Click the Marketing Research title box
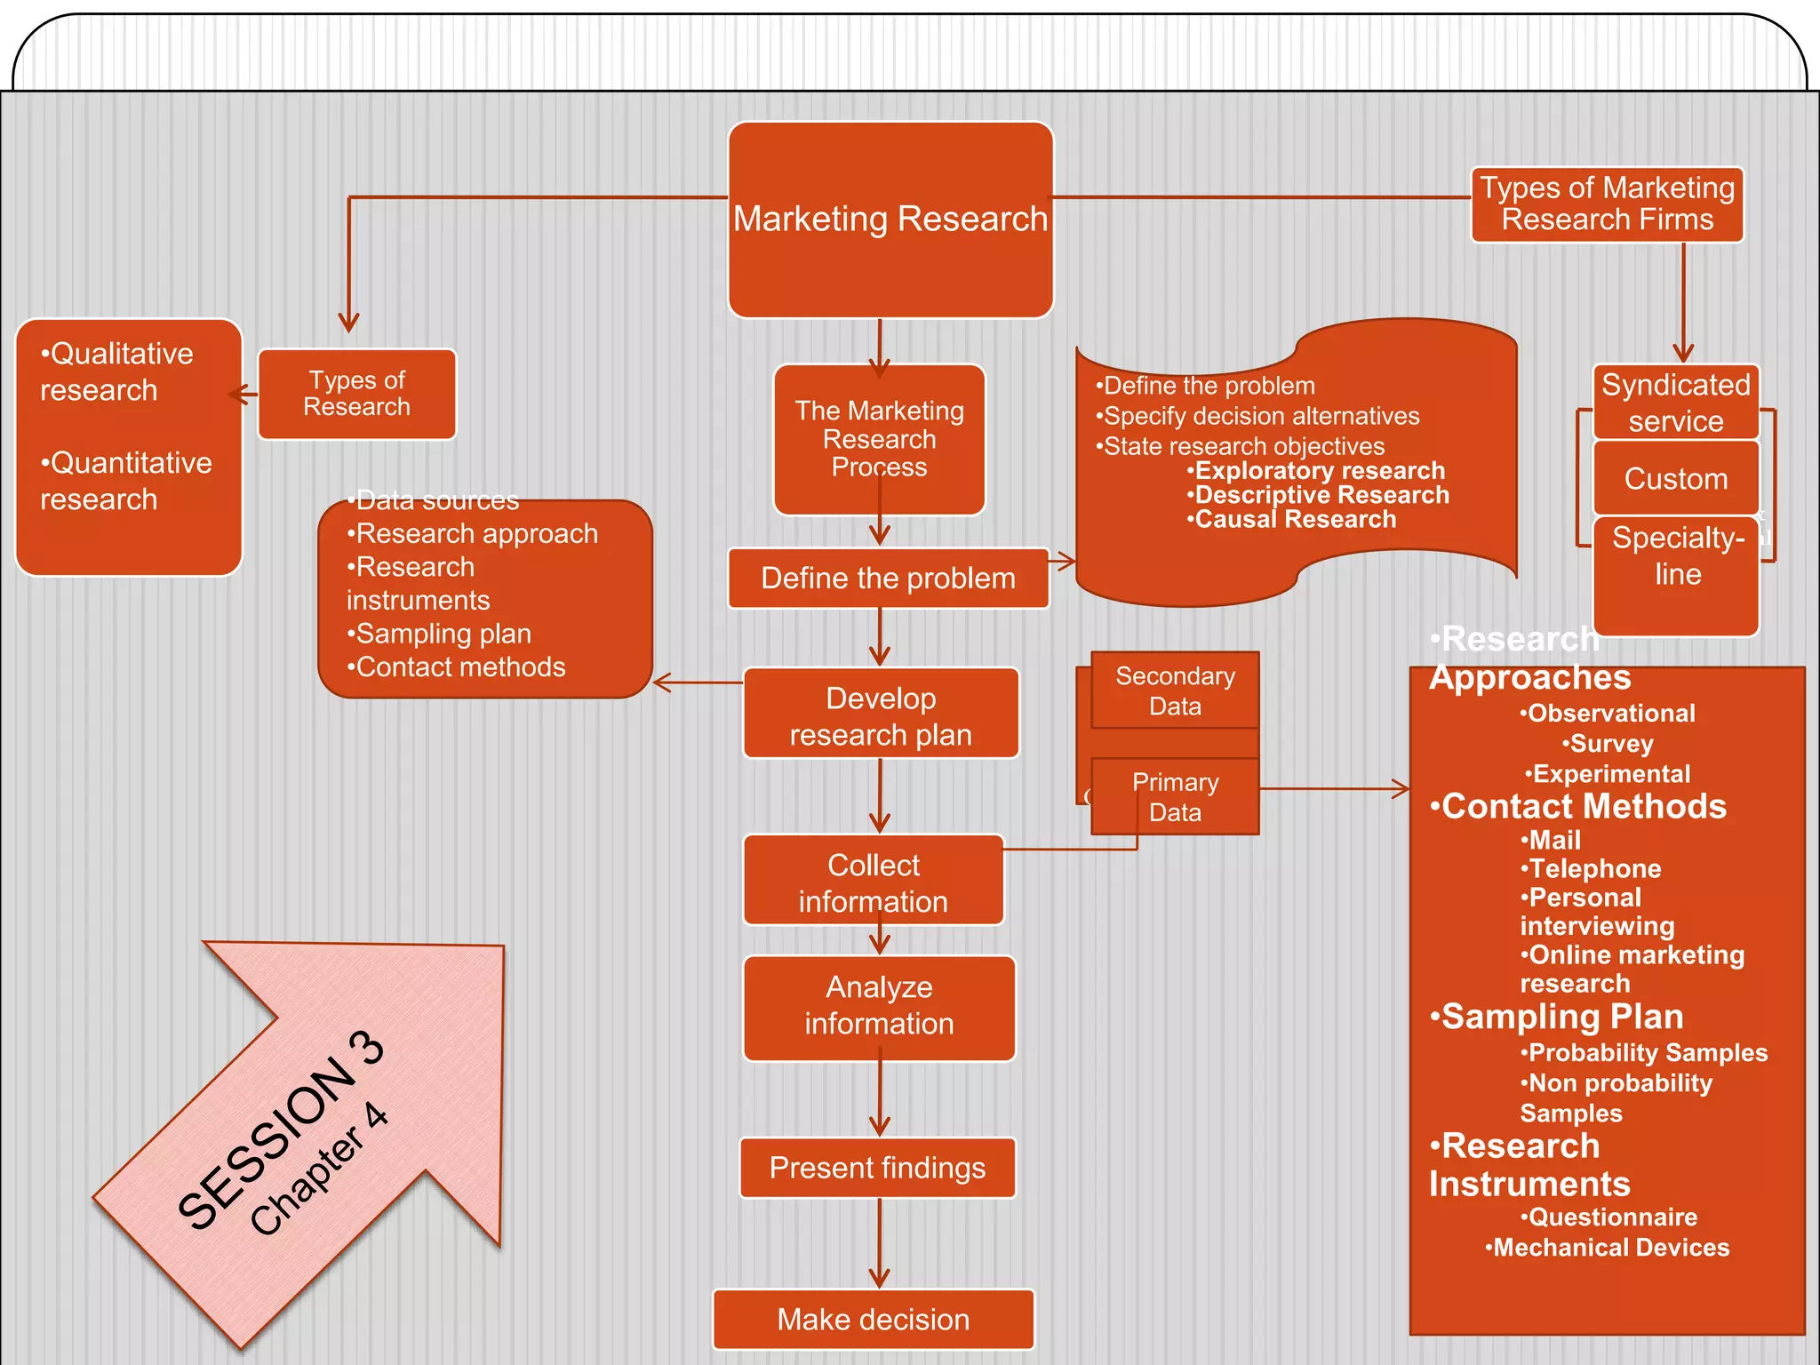pos(890,220)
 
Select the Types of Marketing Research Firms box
pos(1607,204)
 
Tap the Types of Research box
pos(356,394)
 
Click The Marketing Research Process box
pos(879,438)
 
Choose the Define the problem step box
pos(888,579)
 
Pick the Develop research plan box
pos(881,715)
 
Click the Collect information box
pos(874,882)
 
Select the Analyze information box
pos(879,1005)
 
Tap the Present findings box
pos(877,1168)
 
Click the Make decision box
pos(874,1320)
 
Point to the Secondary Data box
pos(1175,691)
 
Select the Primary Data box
pos(1175,797)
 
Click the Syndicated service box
pos(1675,403)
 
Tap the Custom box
pos(1675,479)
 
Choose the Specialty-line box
pos(1677,556)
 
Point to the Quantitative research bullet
pos(125,481)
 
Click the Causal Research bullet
pos(1294,520)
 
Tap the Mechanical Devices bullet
pos(1608,1248)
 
